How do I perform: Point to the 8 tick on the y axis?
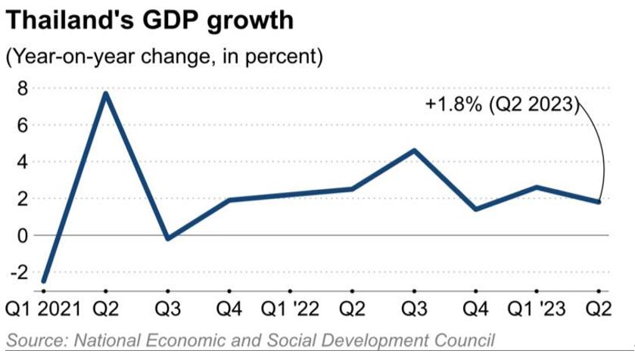(x=23, y=88)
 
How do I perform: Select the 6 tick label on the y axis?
(x=23, y=126)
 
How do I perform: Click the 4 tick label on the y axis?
(x=23, y=162)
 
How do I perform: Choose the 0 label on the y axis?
(x=23, y=235)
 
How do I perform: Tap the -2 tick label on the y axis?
(x=19, y=272)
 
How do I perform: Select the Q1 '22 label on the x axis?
(x=290, y=309)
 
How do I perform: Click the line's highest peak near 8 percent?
(x=105, y=93)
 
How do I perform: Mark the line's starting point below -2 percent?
(x=42, y=281)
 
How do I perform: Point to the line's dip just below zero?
(x=167, y=238)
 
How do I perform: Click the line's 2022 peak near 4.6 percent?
(x=414, y=151)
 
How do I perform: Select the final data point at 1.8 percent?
(x=599, y=202)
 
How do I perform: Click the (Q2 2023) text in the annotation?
(x=534, y=105)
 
